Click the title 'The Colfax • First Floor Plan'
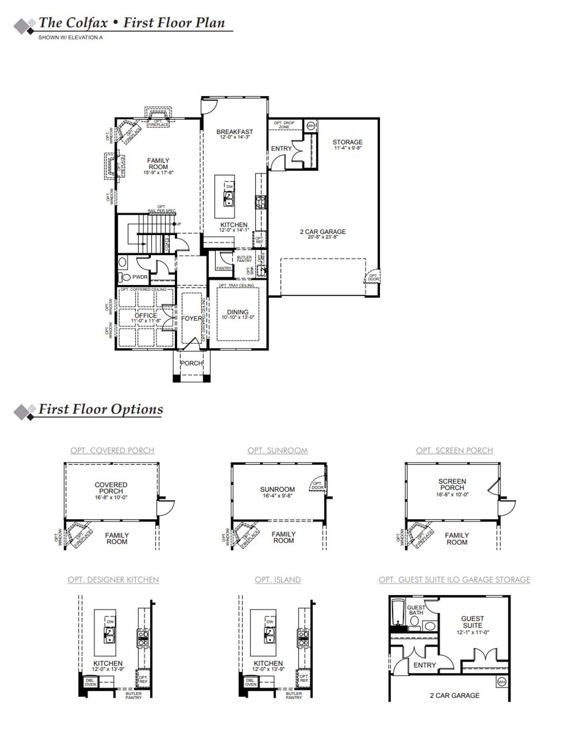click(x=132, y=23)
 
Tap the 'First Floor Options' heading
click(x=101, y=409)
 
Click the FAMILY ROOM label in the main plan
click(x=158, y=164)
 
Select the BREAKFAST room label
click(x=235, y=132)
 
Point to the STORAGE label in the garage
click(x=348, y=142)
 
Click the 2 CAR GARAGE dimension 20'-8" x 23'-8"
click(x=323, y=237)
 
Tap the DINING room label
click(x=238, y=312)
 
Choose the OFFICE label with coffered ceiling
click(x=146, y=316)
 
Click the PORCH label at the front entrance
click(x=191, y=363)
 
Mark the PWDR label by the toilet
click(x=140, y=277)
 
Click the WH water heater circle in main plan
click(x=311, y=125)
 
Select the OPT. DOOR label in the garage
click(x=373, y=277)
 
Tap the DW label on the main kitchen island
click(x=229, y=187)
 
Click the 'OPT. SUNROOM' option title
click(x=278, y=451)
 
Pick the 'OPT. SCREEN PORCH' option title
click(x=454, y=451)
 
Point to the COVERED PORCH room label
click(x=111, y=488)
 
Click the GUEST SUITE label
click(x=473, y=622)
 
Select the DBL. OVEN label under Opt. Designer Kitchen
click(x=90, y=682)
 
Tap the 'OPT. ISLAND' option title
click(x=278, y=580)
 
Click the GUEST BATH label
click(x=416, y=610)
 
